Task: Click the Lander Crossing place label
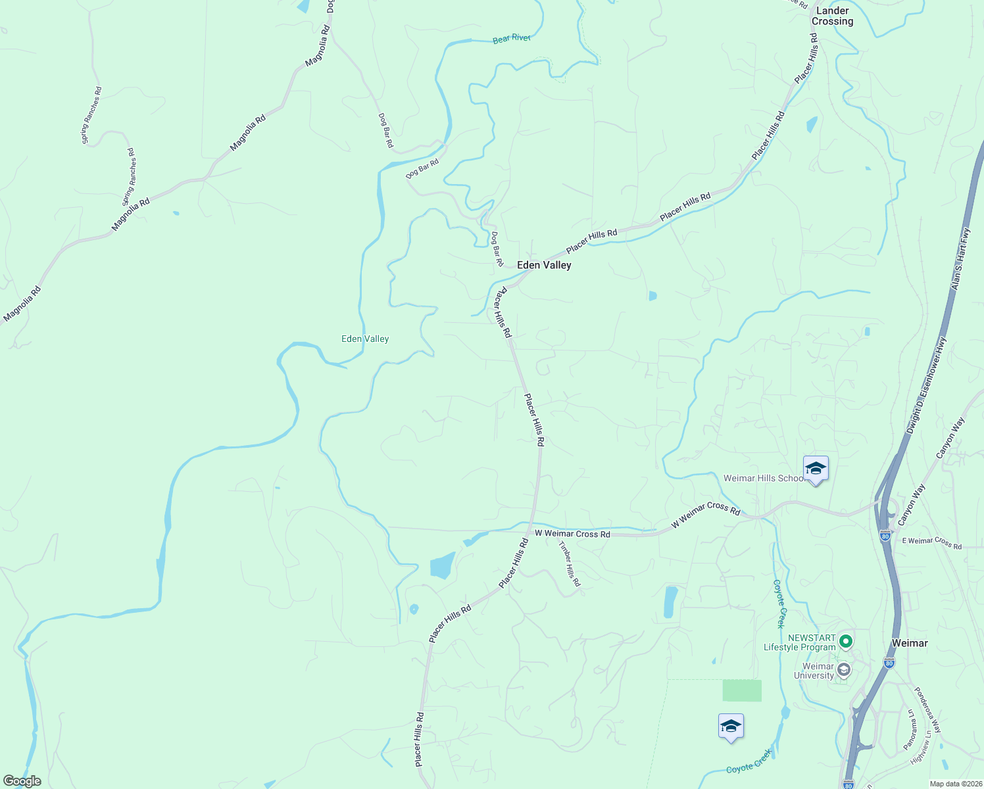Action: coord(832,16)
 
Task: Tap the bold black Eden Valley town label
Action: coord(544,265)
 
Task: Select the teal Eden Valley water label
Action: coord(365,339)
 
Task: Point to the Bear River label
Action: coord(512,39)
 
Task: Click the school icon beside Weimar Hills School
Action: coord(816,469)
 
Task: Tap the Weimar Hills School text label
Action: coord(765,478)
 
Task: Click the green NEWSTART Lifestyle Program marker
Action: coord(846,640)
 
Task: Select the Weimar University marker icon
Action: coord(844,670)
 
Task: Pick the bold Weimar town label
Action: coord(910,643)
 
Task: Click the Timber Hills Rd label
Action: coord(570,564)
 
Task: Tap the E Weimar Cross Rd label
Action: coord(931,542)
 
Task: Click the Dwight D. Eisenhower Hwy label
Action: coord(926,385)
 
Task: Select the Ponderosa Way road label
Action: coord(927,711)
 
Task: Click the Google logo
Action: coord(22,781)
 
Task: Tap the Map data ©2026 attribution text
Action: coord(955,784)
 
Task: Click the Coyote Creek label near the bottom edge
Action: coord(749,761)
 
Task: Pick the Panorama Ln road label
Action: coord(910,729)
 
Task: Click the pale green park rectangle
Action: coord(742,690)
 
